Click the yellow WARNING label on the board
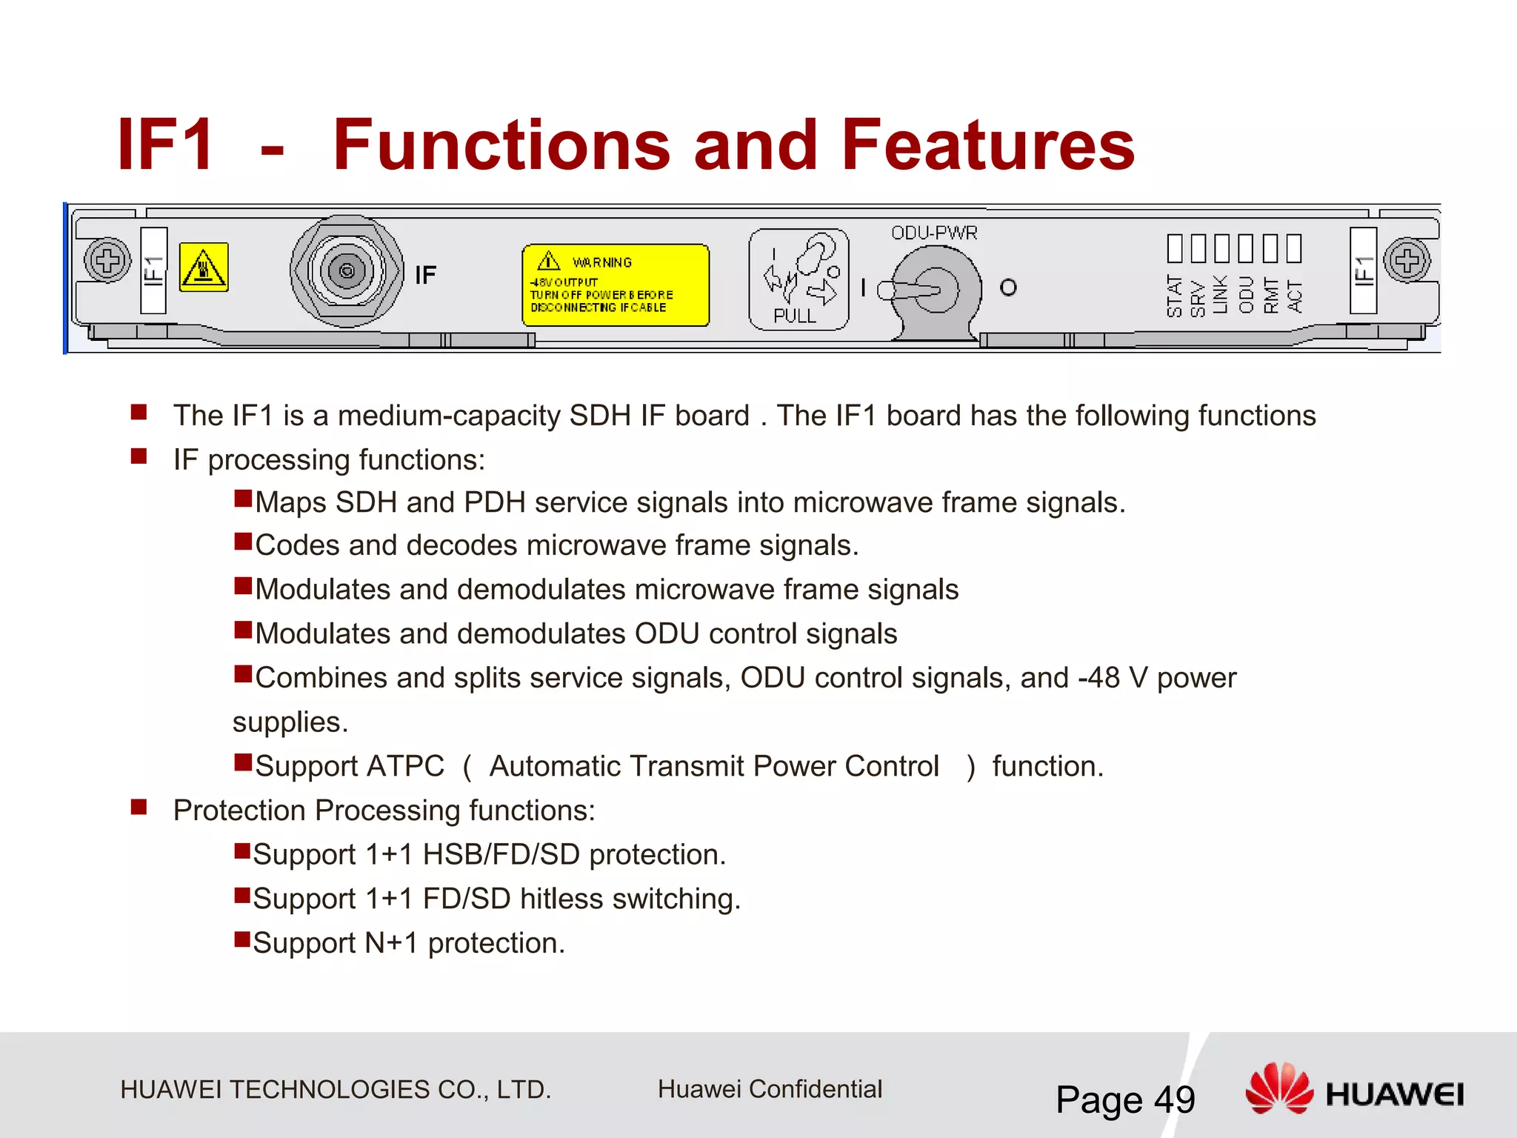[615, 284]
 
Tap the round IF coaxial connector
[347, 271]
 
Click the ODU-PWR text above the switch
[934, 233]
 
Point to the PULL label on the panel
[794, 316]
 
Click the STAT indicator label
[1174, 296]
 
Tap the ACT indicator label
[1294, 296]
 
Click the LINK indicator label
[1221, 295]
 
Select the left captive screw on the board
[107, 260]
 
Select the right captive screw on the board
[1407, 260]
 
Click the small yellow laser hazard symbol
[204, 267]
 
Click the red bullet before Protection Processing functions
[139, 807]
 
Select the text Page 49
[1124, 1099]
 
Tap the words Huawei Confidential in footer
[770, 1089]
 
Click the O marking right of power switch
[1008, 287]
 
